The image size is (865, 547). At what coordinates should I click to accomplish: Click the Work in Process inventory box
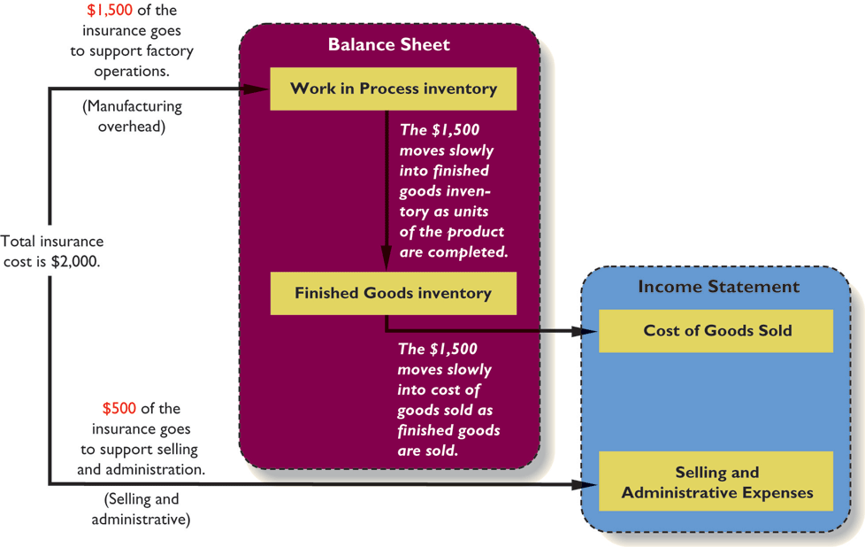[393, 89]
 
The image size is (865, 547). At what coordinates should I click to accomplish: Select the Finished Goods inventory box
[393, 293]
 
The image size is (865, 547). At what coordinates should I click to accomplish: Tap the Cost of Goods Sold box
[716, 331]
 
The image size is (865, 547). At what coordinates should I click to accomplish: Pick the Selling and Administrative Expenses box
[716, 482]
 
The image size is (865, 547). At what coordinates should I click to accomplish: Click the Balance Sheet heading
[388, 44]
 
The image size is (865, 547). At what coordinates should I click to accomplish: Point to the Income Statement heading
[718, 287]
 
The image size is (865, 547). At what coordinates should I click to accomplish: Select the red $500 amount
[119, 409]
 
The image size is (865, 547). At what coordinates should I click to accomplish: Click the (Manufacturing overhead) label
[132, 116]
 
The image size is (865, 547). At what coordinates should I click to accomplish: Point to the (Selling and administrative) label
[141, 509]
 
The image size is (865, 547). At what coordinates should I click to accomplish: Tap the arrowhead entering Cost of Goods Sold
[588, 331]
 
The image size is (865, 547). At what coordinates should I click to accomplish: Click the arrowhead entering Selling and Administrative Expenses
[588, 484]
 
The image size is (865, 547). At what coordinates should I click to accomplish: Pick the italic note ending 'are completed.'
[452, 190]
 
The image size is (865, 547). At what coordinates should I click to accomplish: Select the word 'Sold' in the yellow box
[772, 331]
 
